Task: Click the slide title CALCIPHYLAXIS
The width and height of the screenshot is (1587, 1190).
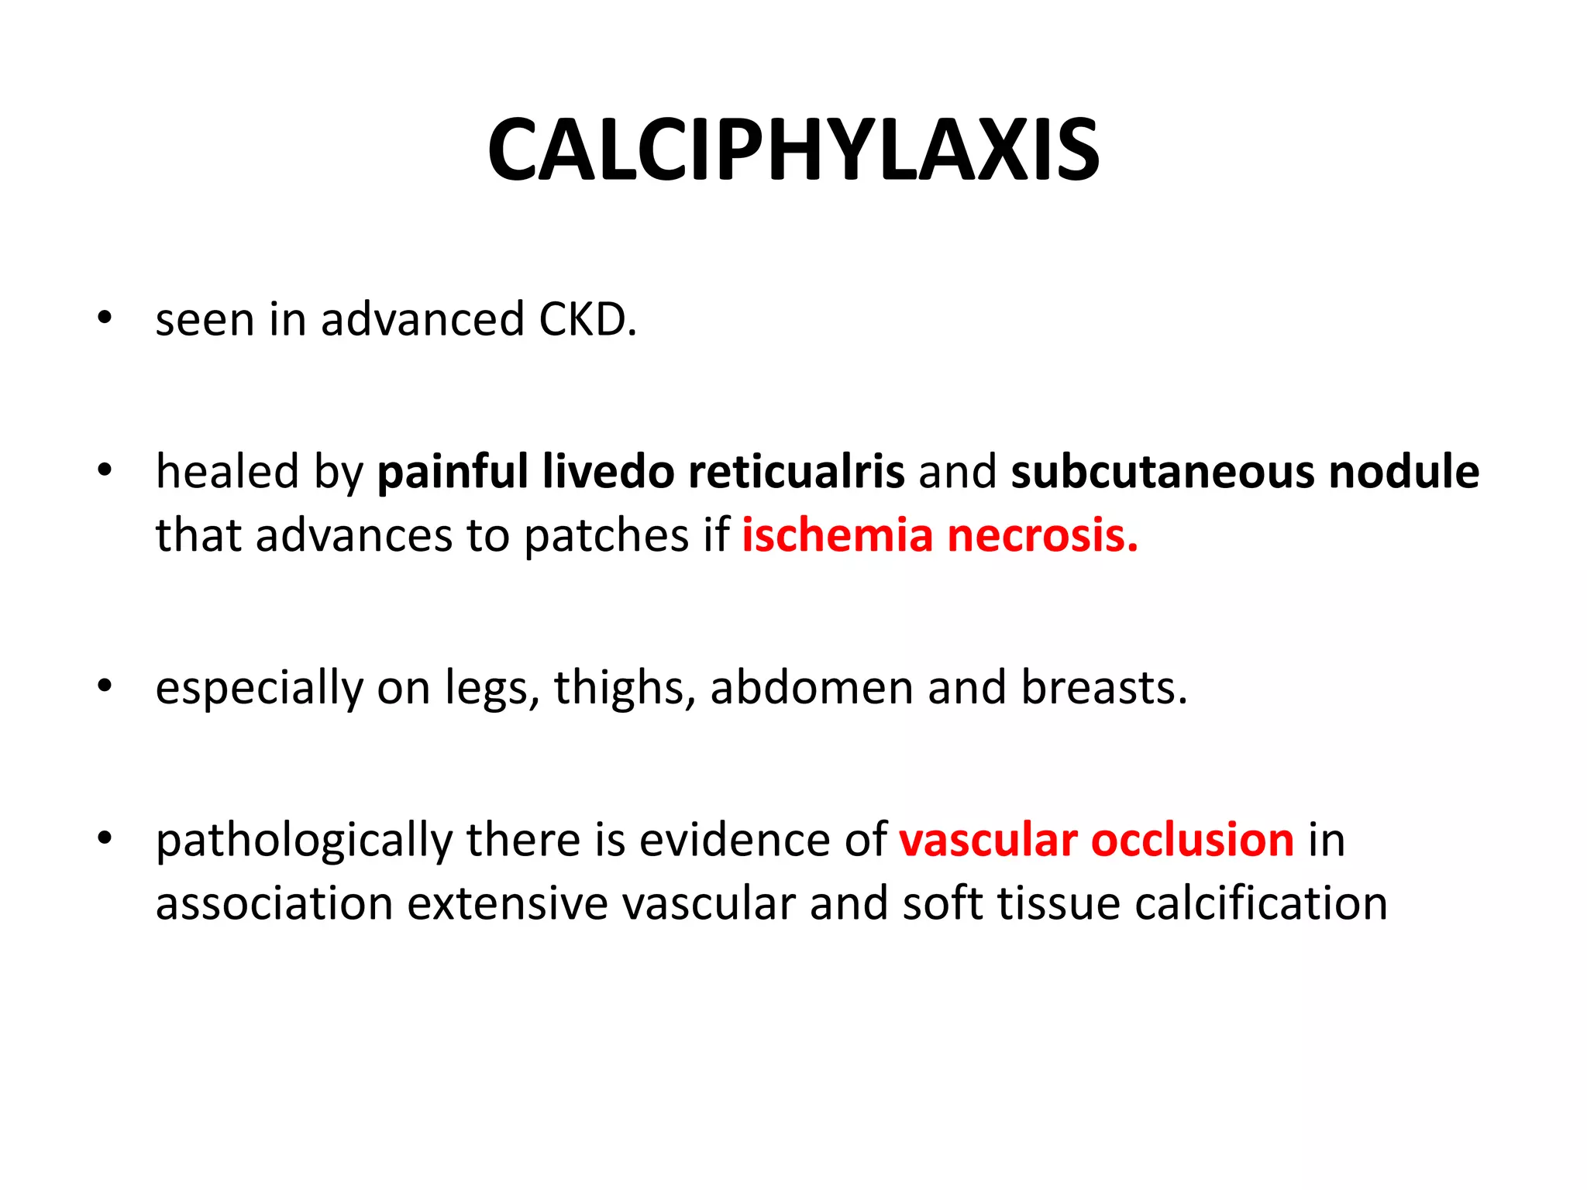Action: click(x=793, y=150)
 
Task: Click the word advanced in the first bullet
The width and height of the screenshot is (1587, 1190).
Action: click(x=422, y=319)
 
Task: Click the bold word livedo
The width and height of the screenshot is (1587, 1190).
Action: click(x=608, y=472)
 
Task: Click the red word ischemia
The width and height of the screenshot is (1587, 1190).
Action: click(x=837, y=535)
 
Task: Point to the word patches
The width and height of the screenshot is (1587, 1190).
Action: click(x=606, y=537)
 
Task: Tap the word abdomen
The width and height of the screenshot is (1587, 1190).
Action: click(x=811, y=688)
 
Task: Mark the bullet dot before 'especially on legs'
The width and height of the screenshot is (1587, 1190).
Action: click(x=105, y=686)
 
